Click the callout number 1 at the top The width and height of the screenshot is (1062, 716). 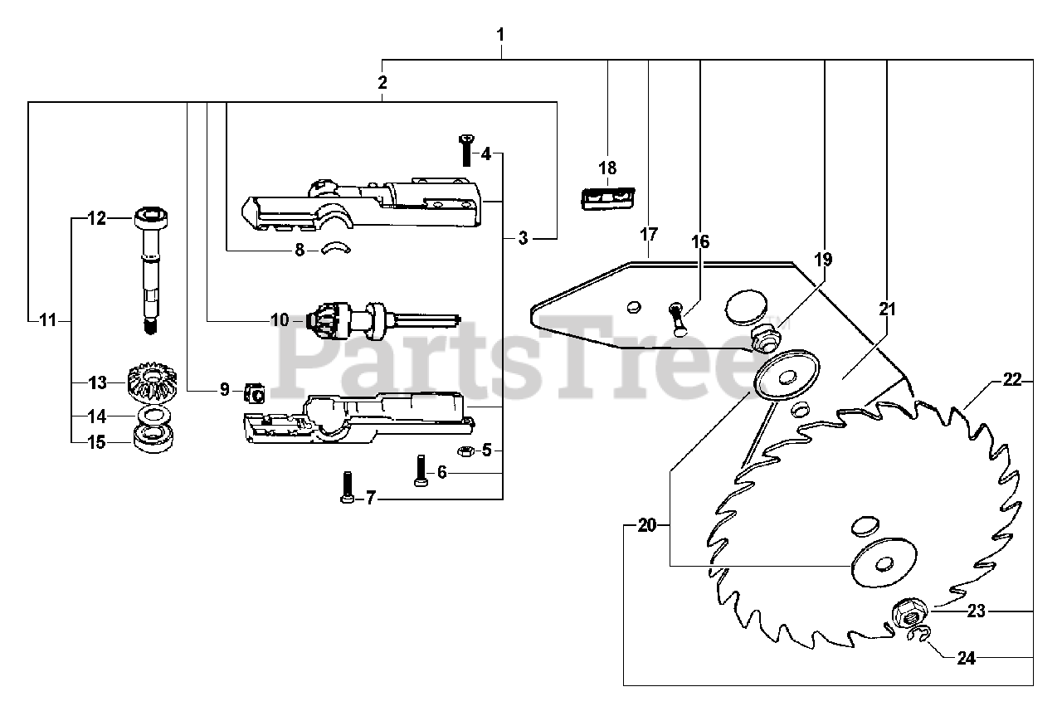500,36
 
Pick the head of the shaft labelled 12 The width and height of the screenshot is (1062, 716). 151,220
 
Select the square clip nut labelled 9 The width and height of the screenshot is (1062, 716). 256,391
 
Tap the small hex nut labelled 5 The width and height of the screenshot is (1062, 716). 466,450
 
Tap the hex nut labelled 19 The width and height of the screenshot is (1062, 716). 762,337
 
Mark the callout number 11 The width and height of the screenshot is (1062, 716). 48,319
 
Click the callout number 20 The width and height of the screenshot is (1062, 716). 647,525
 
